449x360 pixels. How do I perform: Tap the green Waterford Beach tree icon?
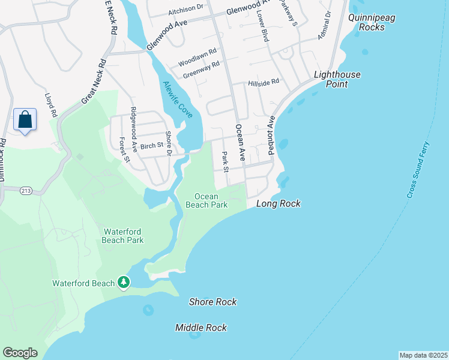pos(124,282)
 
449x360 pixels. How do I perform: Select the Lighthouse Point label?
pos(338,79)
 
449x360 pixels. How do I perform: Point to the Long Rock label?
pos(278,204)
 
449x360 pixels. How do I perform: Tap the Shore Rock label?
pos(212,302)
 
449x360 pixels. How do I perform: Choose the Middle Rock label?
pos(201,328)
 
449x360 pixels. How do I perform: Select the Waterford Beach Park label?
pos(123,236)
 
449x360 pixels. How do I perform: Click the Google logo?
pos(20,353)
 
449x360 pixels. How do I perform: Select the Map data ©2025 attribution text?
pos(423,355)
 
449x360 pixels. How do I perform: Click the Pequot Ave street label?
pos(271,136)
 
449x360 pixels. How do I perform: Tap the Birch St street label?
pos(152,145)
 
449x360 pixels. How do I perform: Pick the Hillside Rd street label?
pos(264,82)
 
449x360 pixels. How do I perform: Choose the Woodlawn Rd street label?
pos(197,62)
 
